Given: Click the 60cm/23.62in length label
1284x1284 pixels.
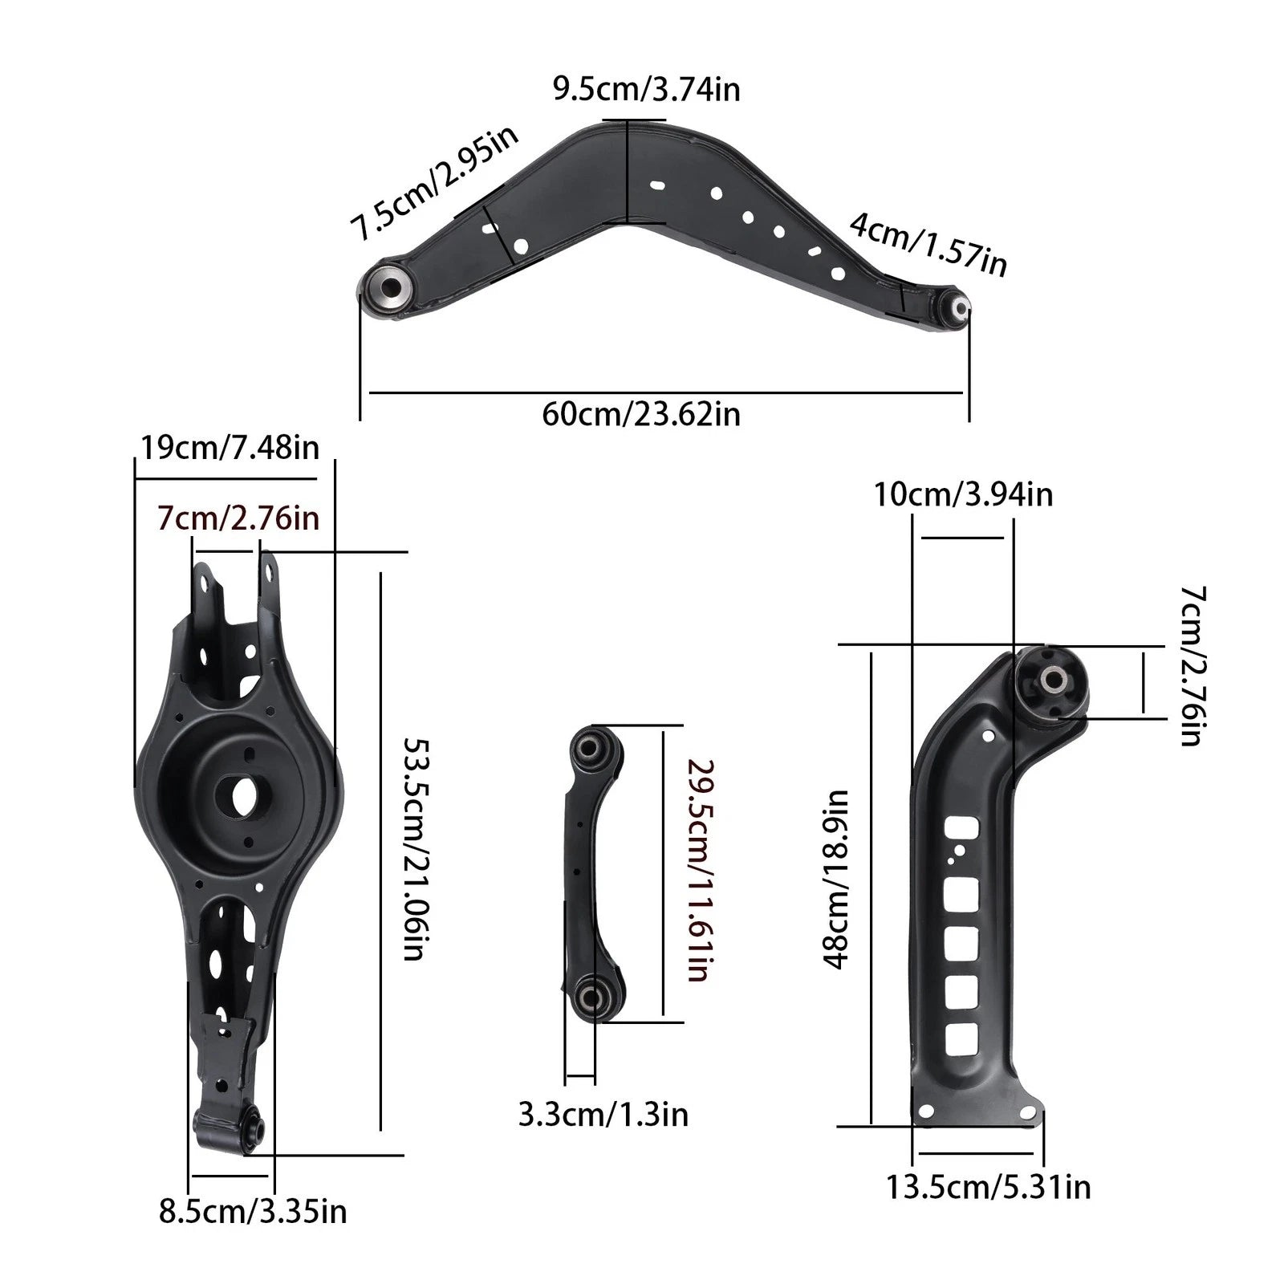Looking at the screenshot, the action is click(641, 415).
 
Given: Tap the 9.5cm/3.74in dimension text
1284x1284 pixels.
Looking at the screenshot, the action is click(646, 88).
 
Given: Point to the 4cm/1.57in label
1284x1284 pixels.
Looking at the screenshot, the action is click(928, 244).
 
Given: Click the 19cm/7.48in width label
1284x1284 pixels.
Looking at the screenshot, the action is click(230, 448).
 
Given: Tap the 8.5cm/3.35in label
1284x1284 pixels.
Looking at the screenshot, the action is click(253, 1211).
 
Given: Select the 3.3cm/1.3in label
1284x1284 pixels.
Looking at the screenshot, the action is click(603, 1115).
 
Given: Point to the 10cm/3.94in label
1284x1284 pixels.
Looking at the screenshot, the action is click(963, 494).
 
